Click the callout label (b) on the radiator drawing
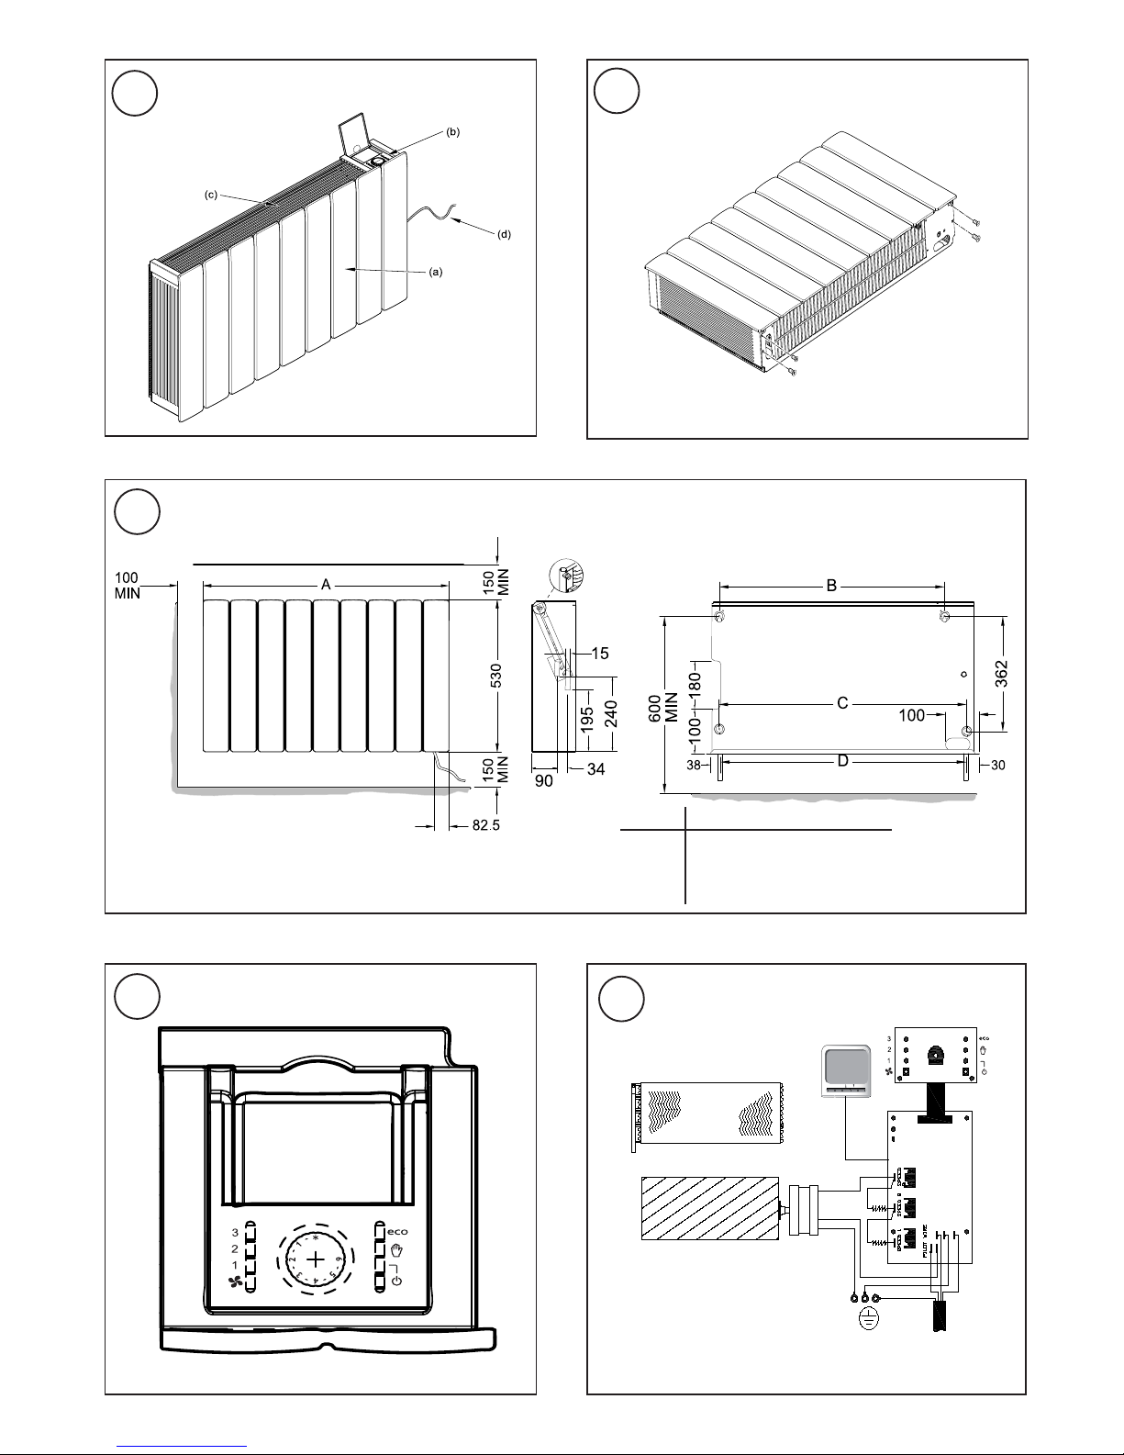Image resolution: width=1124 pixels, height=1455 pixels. click(452, 132)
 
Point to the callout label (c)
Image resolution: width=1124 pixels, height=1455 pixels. click(210, 196)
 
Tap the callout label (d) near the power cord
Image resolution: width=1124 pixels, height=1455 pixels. click(504, 234)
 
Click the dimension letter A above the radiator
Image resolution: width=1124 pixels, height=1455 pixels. click(325, 584)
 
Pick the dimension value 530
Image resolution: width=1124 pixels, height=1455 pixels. click(496, 679)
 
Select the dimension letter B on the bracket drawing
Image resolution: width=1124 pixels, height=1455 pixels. click(831, 585)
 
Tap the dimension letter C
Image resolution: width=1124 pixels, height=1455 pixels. click(841, 704)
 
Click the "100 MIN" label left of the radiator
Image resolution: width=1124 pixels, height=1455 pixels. click(128, 585)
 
